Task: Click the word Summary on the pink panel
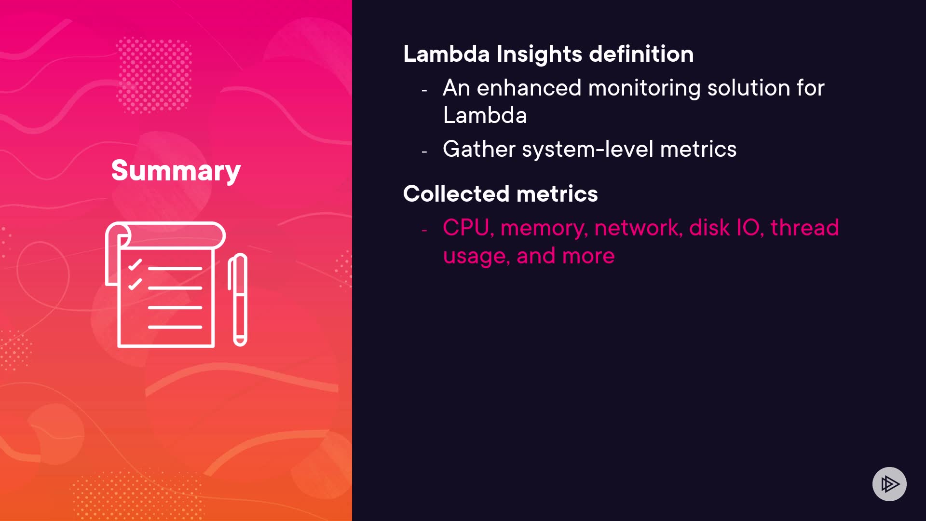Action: tap(176, 171)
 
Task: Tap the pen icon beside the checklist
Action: tap(238, 300)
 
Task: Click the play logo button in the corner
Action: tap(889, 484)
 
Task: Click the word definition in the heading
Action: tap(641, 54)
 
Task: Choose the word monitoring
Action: tap(644, 89)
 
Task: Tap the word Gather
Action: tap(479, 149)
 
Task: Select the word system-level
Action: tap(588, 150)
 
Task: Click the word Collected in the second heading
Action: tap(456, 194)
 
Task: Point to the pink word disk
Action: tap(709, 228)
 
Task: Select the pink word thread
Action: tap(804, 228)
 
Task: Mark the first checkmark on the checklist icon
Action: tap(135, 265)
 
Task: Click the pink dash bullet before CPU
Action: tap(424, 231)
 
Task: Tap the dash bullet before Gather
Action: tap(424, 152)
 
